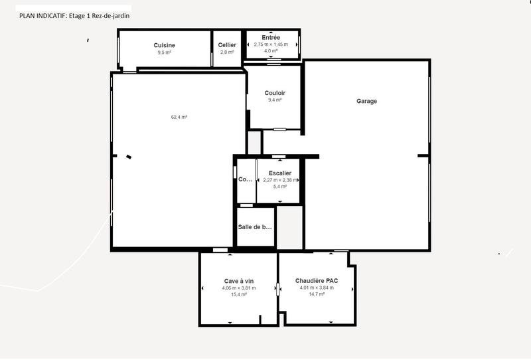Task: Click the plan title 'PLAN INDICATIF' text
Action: (38, 15)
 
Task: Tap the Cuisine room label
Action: (164, 45)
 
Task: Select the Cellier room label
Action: (227, 45)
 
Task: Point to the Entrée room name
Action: (271, 38)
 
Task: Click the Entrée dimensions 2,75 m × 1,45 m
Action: (271, 45)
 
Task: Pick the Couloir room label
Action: (275, 93)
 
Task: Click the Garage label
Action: (366, 102)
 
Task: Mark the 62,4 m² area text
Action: (179, 117)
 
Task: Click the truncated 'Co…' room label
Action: (245, 179)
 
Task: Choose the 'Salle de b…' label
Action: (255, 227)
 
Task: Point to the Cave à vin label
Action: (238, 281)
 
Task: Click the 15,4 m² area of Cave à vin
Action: (238, 294)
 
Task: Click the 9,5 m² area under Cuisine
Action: (164, 52)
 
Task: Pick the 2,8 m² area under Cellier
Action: (227, 52)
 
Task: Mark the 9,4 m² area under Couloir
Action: (275, 100)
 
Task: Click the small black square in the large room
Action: (129, 157)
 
